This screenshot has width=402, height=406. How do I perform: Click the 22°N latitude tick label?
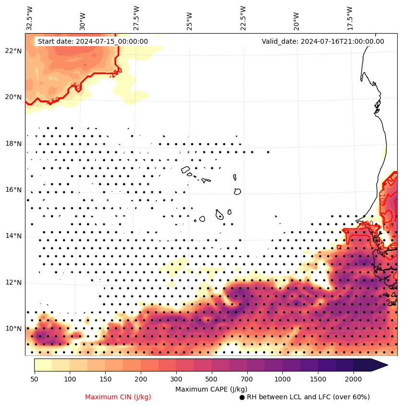(x=13, y=51)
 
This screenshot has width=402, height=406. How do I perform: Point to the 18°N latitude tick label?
(x=13, y=144)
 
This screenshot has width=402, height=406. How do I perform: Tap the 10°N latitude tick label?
(x=13, y=329)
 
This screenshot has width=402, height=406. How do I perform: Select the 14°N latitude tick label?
(x=13, y=236)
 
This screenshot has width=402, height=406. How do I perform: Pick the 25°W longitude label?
(x=189, y=21)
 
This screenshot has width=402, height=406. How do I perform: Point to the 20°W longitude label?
(x=296, y=21)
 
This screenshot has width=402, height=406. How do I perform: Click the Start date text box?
(x=93, y=41)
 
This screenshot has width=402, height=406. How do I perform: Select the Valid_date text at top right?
(x=323, y=41)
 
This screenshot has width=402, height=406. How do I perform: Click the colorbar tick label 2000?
(x=353, y=380)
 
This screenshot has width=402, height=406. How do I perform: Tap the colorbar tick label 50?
(x=34, y=380)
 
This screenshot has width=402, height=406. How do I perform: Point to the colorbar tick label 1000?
(x=282, y=380)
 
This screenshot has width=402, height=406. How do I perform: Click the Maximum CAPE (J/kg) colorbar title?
(x=211, y=389)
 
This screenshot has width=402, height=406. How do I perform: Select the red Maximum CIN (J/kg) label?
(x=118, y=397)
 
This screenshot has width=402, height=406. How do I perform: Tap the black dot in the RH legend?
(x=242, y=397)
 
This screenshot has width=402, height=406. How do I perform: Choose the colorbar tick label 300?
(x=176, y=380)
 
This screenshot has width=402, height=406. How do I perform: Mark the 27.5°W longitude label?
(x=136, y=17)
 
